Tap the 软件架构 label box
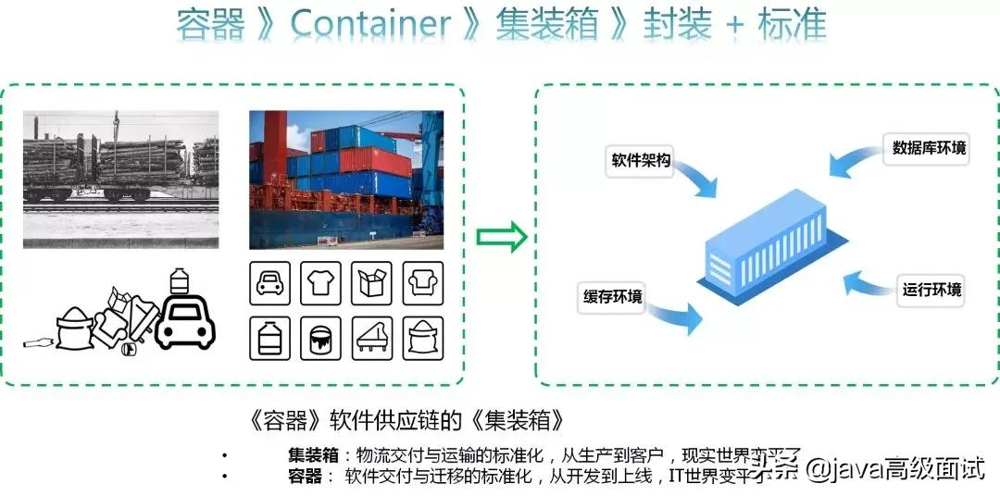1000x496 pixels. click(x=640, y=160)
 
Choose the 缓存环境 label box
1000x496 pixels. click(x=613, y=296)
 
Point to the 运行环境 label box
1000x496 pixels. click(x=931, y=290)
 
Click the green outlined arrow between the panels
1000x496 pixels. click(x=501, y=238)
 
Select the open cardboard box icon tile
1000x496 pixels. click(x=372, y=282)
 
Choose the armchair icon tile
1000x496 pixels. click(x=423, y=282)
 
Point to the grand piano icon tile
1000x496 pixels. click(x=372, y=337)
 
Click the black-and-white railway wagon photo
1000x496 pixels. click(x=120, y=179)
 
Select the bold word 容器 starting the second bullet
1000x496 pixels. click(x=304, y=476)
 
